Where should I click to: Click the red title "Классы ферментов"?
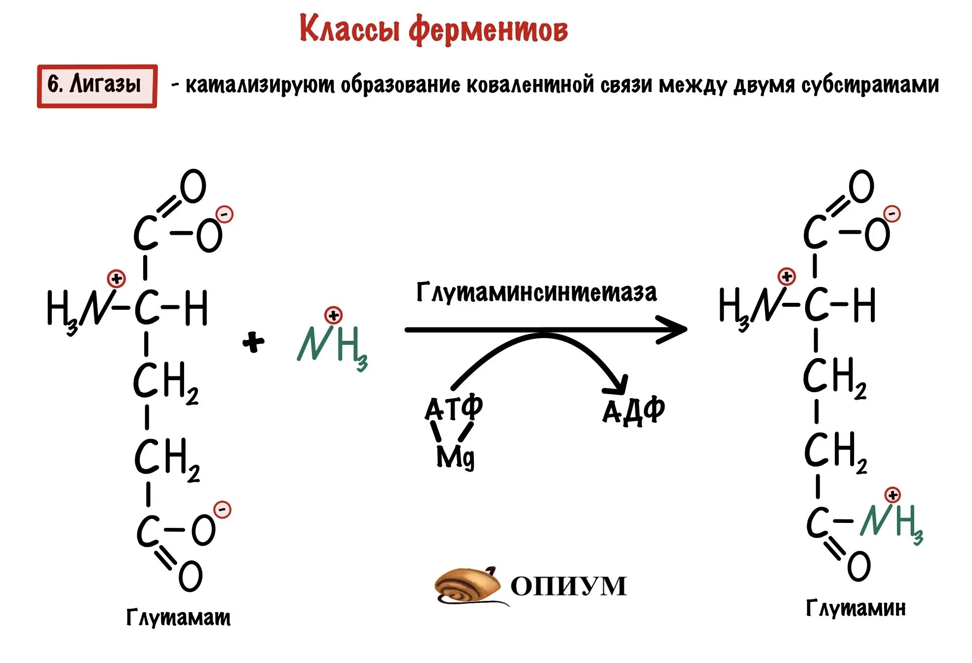(433, 30)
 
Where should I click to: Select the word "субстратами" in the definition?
(870, 85)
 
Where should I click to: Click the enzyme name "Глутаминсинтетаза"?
(537, 293)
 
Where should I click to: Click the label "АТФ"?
(453, 408)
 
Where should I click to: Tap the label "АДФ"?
(634, 410)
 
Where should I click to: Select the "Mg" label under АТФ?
(455, 457)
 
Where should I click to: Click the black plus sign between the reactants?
(253, 342)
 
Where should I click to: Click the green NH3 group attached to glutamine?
(891, 522)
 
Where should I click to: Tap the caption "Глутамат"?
(178, 617)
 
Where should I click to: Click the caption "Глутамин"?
(855, 608)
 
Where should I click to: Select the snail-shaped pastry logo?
(467, 586)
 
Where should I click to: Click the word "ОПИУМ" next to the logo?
(568, 587)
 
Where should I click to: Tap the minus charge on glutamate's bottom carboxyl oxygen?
(222, 510)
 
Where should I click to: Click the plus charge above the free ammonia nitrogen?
(333, 315)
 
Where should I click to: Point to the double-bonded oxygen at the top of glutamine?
(861, 186)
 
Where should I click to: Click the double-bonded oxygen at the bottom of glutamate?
(190, 576)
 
